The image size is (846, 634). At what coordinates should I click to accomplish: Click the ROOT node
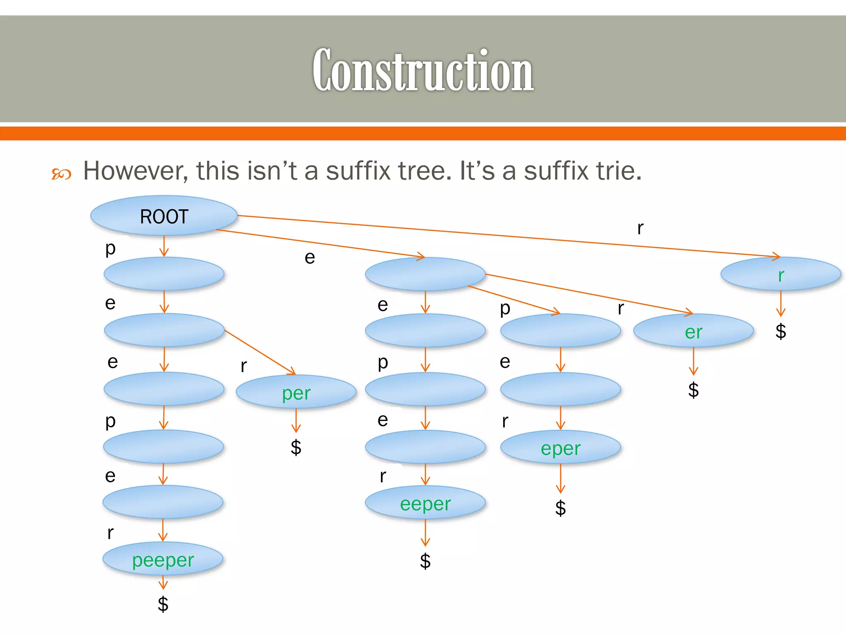pos(164,216)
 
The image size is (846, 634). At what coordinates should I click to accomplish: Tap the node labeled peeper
pos(163,559)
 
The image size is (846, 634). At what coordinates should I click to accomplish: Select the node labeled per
pos(296,392)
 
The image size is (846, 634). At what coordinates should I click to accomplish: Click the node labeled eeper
pos(425,503)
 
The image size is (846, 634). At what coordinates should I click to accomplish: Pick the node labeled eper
pos(561,448)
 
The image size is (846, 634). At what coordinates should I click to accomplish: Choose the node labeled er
pos(693,331)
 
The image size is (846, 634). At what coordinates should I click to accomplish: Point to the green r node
pos(780,275)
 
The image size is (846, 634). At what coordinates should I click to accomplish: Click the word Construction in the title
pos(423,70)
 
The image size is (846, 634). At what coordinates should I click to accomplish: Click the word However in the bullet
pos(132,170)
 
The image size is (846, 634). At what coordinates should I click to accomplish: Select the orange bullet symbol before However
pos(61,174)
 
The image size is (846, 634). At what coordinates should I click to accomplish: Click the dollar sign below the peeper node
pos(163,604)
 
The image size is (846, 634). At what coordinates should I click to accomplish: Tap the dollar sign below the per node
pos(296,447)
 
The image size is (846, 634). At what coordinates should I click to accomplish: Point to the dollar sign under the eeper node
pos(425,561)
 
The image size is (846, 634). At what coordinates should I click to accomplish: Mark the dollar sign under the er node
pos(693,390)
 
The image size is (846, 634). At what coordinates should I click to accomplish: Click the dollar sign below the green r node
pos(780,331)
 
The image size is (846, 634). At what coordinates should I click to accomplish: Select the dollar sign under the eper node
pos(560,508)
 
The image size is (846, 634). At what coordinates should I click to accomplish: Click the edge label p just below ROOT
pos(110,248)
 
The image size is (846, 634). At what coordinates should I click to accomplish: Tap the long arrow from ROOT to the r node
pos(496,235)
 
